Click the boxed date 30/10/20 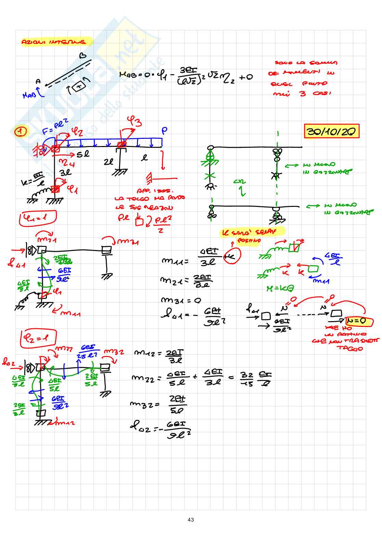[x=331, y=131]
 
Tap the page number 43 [x=191, y=520]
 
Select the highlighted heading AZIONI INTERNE [x=54, y=42]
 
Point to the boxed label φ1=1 [x=37, y=218]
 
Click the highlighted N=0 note [x=356, y=321]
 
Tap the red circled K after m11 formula [x=232, y=256]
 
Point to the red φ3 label [x=134, y=121]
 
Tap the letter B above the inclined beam [x=82, y=56]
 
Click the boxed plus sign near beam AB [x=79, y=87]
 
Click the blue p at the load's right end [x=165, y=131]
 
